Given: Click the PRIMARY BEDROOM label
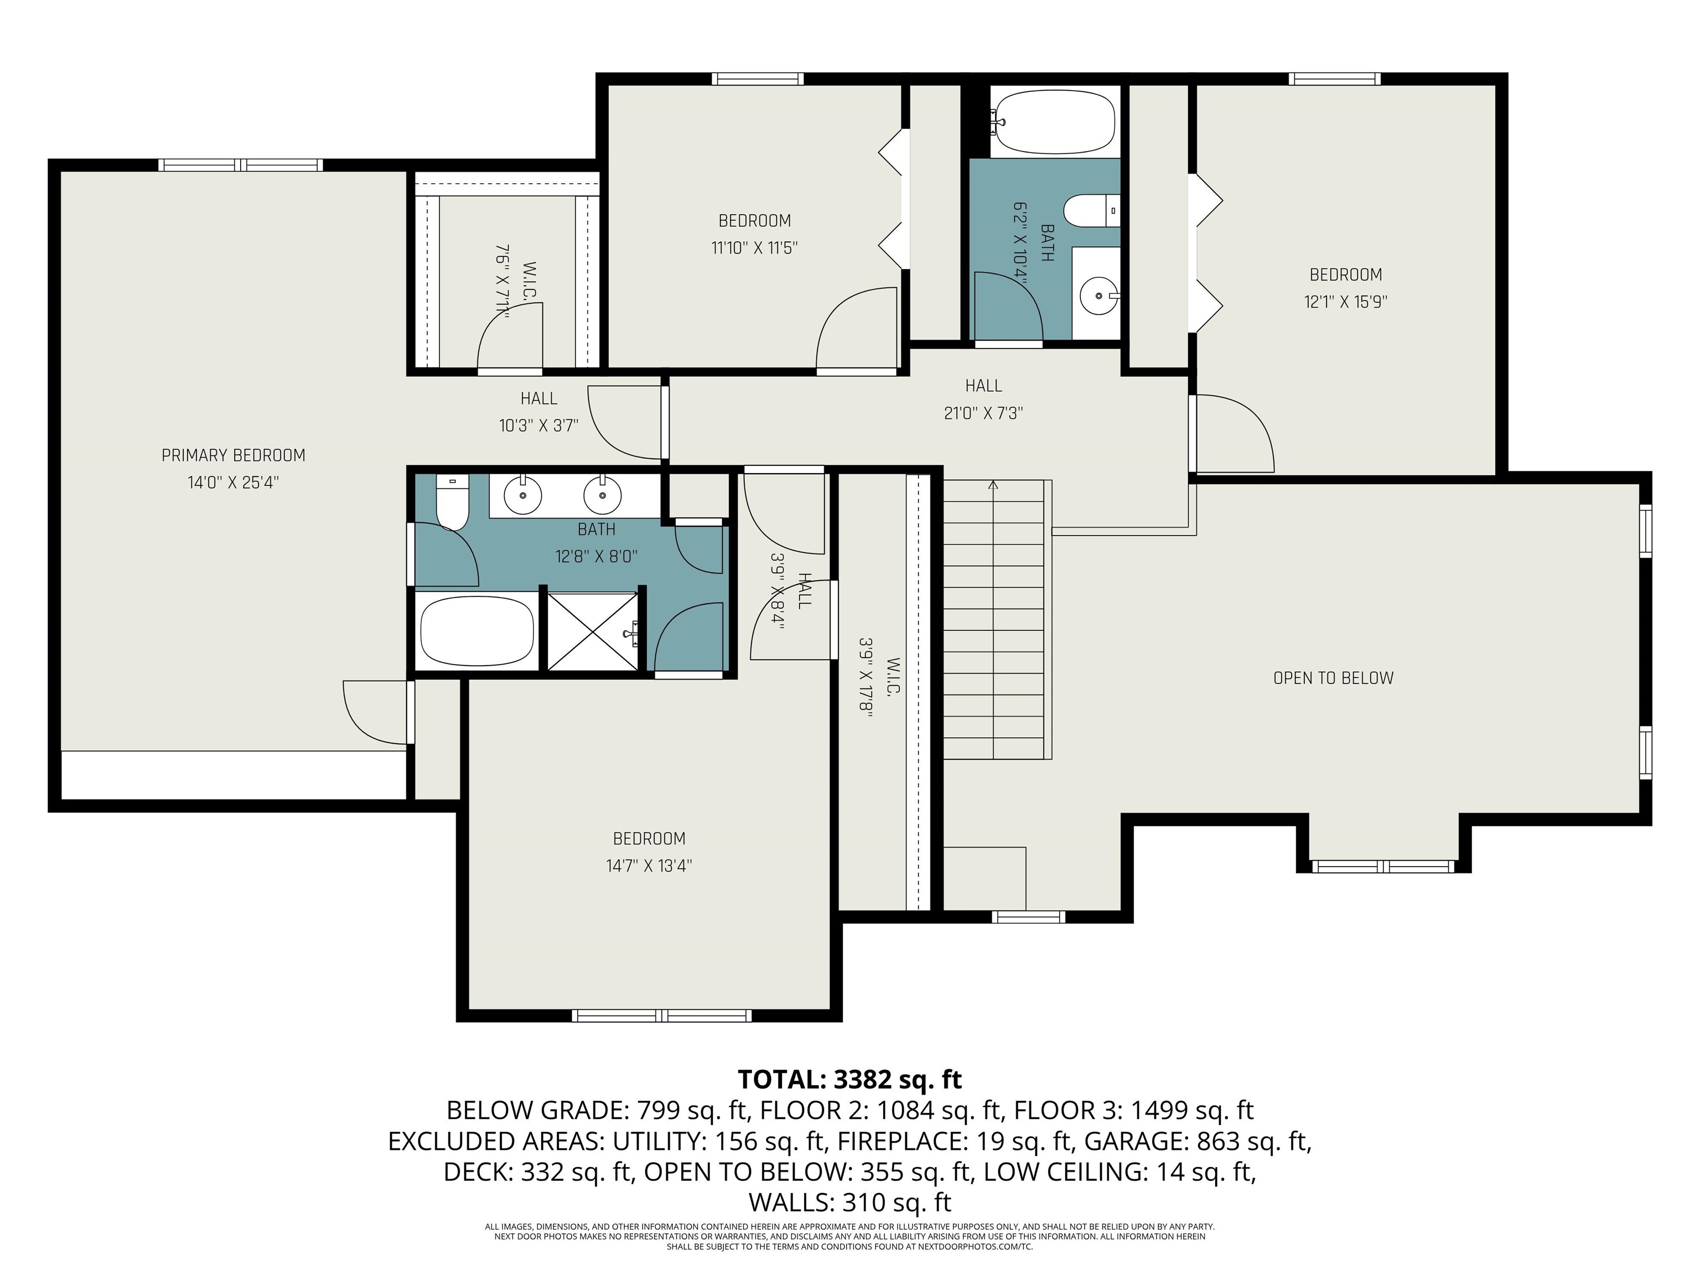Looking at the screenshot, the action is pyautogui.click(x=234, y=456).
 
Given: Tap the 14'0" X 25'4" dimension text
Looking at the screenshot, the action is pyautogui.click(x=234, y=483).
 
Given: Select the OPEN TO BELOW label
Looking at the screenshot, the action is pyautogui.click(x=1334, y=678).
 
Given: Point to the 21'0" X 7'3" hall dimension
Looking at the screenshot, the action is pyautogui.click(x=984, y=413).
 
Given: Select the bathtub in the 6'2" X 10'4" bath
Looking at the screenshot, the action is pyautogui.click(x=1052, y=121).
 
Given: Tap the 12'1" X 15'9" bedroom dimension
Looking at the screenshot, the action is pyautogui.click(x=1346, y=302).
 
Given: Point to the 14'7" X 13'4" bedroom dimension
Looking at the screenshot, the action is pyautogui.click(x=650, y=866).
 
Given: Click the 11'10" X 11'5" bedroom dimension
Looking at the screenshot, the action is pyautogui.click(x=755, y=248).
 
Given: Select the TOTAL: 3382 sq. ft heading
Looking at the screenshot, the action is pyautogui.click(x=850, y=1080).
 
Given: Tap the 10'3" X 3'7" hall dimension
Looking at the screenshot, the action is pyautogui.click(x=539, y=426).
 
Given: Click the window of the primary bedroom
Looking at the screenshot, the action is pyautogui.click(x=241, y=164).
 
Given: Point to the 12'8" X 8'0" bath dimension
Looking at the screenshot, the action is pyautogui.click(x=597, y=556).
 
